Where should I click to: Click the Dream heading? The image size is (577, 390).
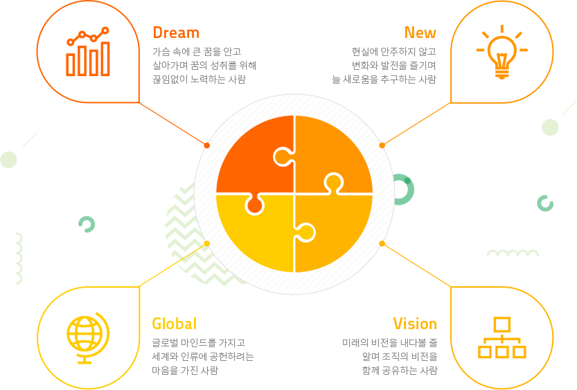176,32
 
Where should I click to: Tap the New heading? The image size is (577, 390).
420,32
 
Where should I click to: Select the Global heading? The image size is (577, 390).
175,324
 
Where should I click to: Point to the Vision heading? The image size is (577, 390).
415,324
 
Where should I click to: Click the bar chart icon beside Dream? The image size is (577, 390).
88,51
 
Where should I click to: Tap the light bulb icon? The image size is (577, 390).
501,52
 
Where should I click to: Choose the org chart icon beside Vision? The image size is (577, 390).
502,337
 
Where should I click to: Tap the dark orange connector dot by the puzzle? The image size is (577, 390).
207,145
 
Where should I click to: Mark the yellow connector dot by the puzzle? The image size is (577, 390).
207,243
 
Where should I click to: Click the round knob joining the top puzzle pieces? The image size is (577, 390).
283,157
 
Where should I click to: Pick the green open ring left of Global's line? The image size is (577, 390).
87,224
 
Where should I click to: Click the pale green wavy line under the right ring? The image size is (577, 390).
513,253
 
